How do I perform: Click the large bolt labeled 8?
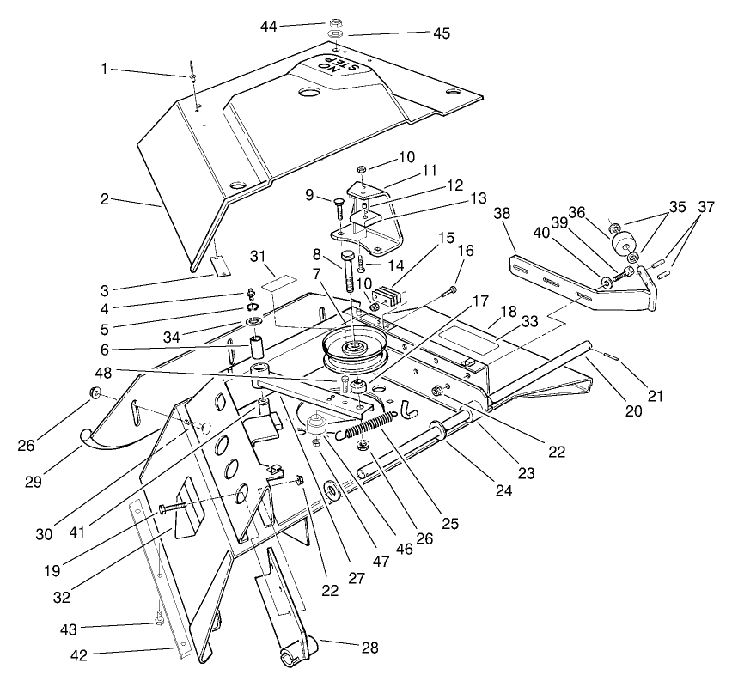tap(348, 272)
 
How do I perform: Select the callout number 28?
tap(369, 648)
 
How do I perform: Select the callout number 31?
tap(256, 259)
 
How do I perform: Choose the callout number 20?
tap(634, 411)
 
